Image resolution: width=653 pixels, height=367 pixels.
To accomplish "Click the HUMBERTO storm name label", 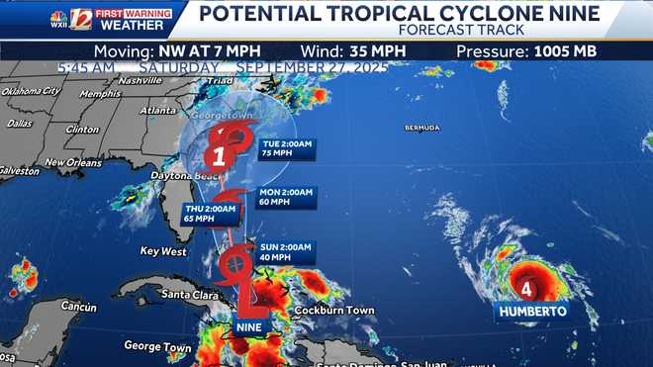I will [x=532, y=311].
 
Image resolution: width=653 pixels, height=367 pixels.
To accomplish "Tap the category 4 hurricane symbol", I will [x=527, y=289].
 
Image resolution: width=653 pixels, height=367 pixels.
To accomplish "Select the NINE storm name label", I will [x=249, y=326].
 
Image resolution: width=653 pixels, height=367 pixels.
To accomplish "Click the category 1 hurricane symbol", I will [x=220, y=154].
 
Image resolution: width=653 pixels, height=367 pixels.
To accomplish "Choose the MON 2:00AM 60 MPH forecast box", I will [x=287, y=198].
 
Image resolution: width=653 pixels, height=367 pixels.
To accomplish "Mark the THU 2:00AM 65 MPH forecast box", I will [x=211, y=214].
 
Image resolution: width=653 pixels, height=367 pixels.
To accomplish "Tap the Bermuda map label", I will [x=421, y=129].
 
